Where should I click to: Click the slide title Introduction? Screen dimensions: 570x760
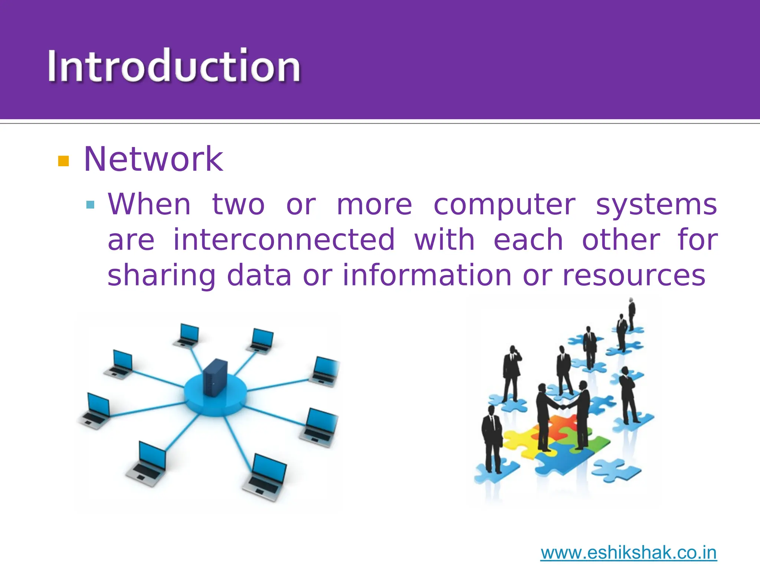174,66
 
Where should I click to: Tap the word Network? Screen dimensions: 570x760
153,159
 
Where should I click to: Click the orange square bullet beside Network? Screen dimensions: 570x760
64,161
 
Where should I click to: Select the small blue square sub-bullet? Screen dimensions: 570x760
90,205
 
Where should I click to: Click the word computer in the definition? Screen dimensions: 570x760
504,205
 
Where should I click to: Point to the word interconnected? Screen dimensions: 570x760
284,240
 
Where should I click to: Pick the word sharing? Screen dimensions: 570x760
161,276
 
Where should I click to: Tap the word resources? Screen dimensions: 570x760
634,275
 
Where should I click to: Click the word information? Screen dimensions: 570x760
427,275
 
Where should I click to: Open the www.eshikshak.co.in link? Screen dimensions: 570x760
628,553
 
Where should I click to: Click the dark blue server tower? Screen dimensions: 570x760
215,378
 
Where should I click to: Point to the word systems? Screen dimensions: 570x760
656,205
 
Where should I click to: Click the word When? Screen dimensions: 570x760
149,205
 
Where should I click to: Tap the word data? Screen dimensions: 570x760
259,275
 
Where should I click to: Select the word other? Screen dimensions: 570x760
621,240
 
